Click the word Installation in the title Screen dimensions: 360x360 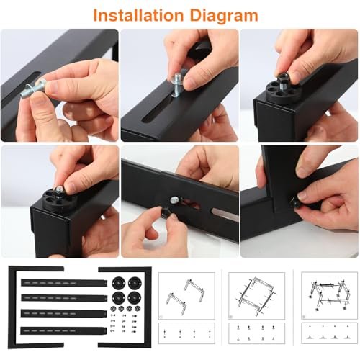(138, 15)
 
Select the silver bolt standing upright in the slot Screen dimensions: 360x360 (178, 84)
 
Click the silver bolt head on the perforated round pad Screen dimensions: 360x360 (59, 189)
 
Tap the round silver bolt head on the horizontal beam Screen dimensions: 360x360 (175, 200)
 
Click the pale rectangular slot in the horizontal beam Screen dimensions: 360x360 (225, 214)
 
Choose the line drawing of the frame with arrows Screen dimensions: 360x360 (256, 296)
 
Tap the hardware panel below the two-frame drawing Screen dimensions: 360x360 (186, 333)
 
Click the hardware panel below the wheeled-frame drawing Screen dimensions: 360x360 (329, 333)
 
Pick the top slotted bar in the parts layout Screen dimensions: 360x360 (64, 283)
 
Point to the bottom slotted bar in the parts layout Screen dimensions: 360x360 (64, 331)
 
